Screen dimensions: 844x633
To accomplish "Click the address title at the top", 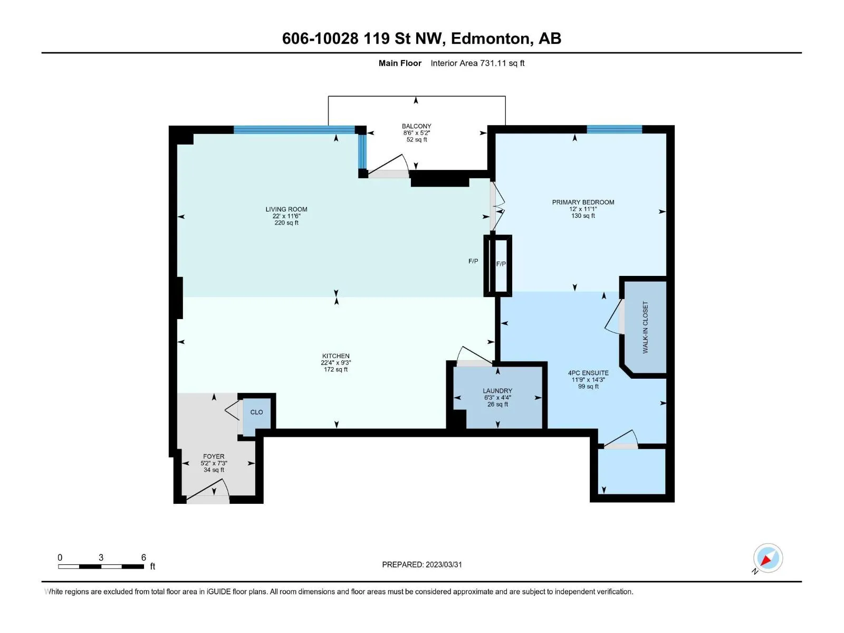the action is coord(421,39).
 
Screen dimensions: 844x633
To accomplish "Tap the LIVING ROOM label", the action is coord(286,209).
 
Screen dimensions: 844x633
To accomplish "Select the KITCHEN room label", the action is coord(335,356).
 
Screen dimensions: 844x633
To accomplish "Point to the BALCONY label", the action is coord(416,126).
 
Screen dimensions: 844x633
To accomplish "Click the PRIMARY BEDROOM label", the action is coord(583,202).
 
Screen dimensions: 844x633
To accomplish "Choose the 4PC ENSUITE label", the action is coord(588,373).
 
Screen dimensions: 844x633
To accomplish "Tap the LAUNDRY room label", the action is coord(497,390).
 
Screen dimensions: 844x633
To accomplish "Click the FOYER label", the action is coord(214,456).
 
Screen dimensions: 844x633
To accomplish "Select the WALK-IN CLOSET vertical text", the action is coord(645,327).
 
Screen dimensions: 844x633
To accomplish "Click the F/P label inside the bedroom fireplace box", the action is coord(501,264).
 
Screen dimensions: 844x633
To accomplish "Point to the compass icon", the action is coord(767,558).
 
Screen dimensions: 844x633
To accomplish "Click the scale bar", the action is coord(101,567).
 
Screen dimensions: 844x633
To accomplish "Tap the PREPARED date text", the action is coord(422,564).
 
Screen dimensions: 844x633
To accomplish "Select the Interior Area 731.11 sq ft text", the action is coord(477,63).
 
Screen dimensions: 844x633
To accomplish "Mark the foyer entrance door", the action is coord(208,493).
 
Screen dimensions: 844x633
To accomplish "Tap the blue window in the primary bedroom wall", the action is coord(614,129).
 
